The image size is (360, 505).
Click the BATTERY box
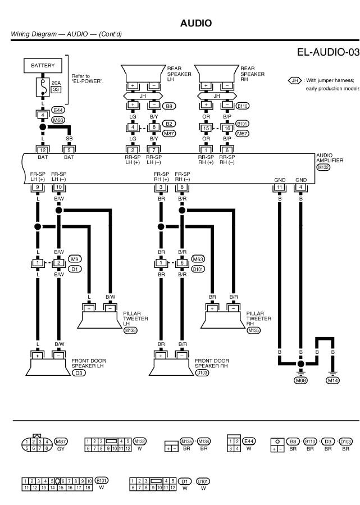[x=43, y=66]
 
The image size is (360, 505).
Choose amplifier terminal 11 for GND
[x=279, y=186]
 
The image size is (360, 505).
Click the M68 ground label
[x=301, y=380]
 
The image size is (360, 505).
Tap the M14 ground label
[x=333, y=380]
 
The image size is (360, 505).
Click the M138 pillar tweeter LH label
[x=130, y=331]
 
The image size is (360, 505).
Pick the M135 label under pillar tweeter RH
[x=254, y=331]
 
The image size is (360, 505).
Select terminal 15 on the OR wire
[x=206, y=128]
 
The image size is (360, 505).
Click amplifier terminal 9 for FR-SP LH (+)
[x=37, y=186]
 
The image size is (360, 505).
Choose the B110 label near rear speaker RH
[x=243, y=105]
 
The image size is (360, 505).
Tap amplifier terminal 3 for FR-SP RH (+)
[x=161, y=186]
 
